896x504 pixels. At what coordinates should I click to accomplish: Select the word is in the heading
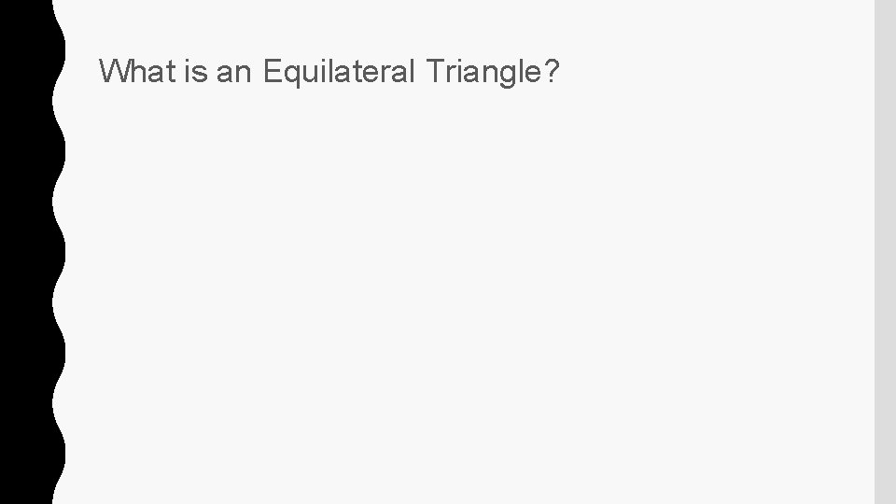[x=196, y=72]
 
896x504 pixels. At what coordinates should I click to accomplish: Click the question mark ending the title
[x=552, y=72]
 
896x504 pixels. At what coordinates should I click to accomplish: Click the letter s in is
[x=201, y=73]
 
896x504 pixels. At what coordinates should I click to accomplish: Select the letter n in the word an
[x=244, y=73]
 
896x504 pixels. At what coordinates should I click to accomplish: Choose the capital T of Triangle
[x=435, y=72]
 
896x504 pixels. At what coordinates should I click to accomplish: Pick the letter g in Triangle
[x=507, y=75]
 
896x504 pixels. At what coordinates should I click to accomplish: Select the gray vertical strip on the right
[x=885, y=252]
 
